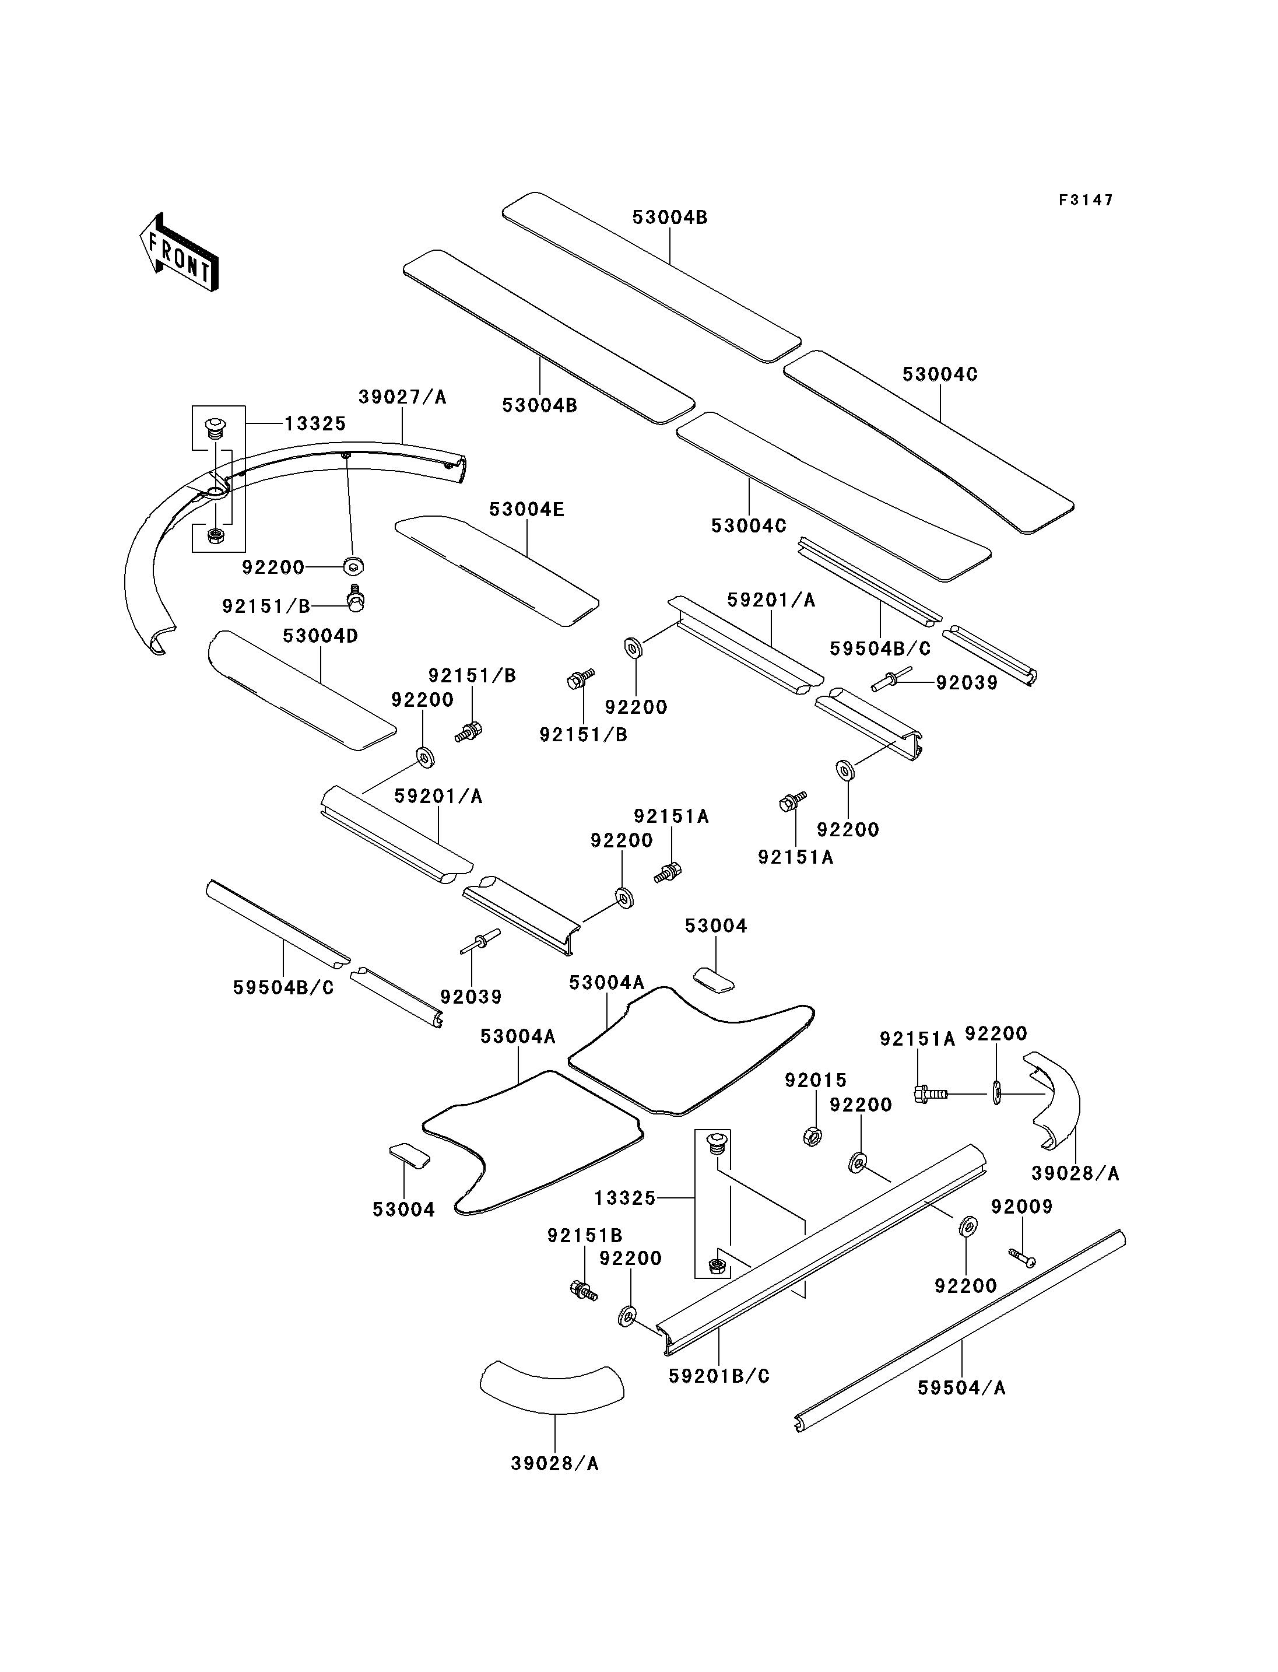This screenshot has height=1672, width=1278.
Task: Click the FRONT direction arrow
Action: [180, 253]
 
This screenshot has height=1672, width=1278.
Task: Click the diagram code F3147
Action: [1086, 200]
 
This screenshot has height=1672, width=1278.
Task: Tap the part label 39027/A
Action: [402, 397]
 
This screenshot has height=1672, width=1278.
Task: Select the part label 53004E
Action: [526, 509]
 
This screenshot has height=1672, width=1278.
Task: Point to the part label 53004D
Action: [320, 636]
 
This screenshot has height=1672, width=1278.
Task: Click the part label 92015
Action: [816, 1080]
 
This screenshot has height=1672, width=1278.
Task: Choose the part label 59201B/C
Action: [719, 1376]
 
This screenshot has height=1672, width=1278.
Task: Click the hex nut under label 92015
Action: [812, 1137]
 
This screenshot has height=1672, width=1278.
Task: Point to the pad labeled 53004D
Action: [302, 690]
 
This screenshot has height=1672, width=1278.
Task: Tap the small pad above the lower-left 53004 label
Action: [410, 1155]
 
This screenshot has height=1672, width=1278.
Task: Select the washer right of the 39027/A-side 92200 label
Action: [354, 566]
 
